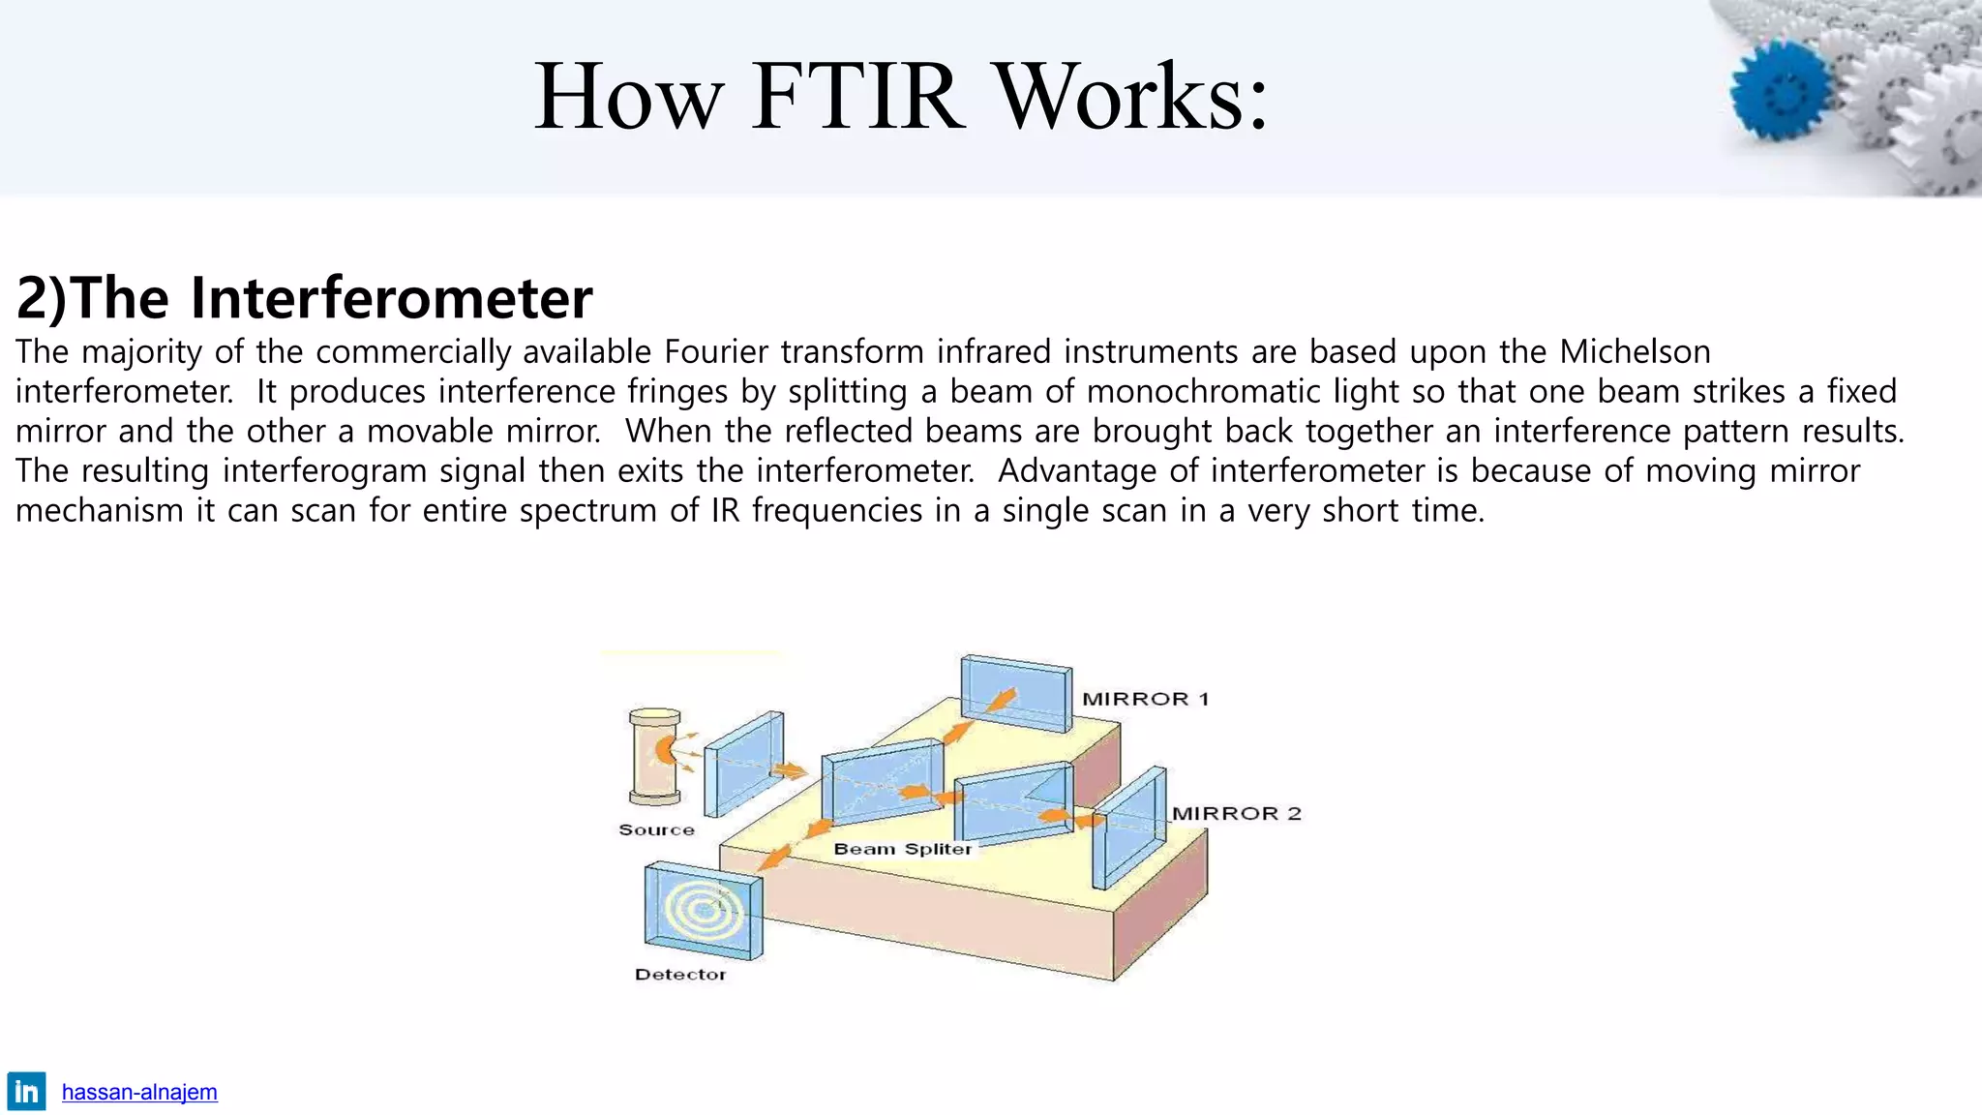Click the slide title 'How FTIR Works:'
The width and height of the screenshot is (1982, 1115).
point(900,97)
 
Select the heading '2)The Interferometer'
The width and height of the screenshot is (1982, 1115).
point(304,297)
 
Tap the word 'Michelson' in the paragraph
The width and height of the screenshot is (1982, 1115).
point(1635,351)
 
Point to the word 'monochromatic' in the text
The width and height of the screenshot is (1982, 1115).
point(1199,391)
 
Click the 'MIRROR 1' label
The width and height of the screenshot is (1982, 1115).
point(1145,699)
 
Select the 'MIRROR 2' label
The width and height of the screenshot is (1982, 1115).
point(1236,813)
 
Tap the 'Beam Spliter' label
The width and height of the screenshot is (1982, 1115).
point(902,849)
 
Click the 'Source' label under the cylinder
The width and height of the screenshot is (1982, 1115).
point(656,829)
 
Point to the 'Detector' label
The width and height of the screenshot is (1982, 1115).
point(679,974)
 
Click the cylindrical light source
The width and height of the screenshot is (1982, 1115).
point(654,758)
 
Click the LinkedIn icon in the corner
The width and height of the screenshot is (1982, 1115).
point(26,1092)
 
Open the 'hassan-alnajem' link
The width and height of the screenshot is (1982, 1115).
point(139,1092)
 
